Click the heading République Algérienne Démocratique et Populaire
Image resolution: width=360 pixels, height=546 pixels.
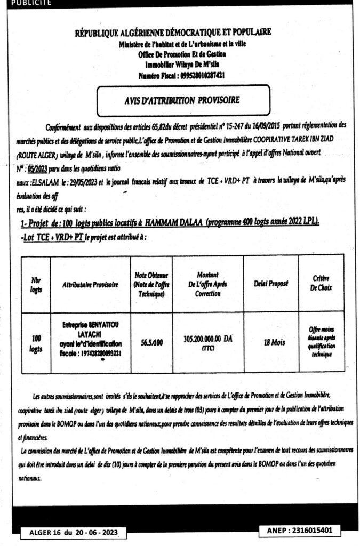(173, 33)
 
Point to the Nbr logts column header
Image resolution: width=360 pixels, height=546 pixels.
(37, 284)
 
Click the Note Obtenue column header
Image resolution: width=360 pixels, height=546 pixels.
(151, 284)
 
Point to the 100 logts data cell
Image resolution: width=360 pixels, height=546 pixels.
(37, 342)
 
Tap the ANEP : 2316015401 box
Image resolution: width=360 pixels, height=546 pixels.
(299, 531)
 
